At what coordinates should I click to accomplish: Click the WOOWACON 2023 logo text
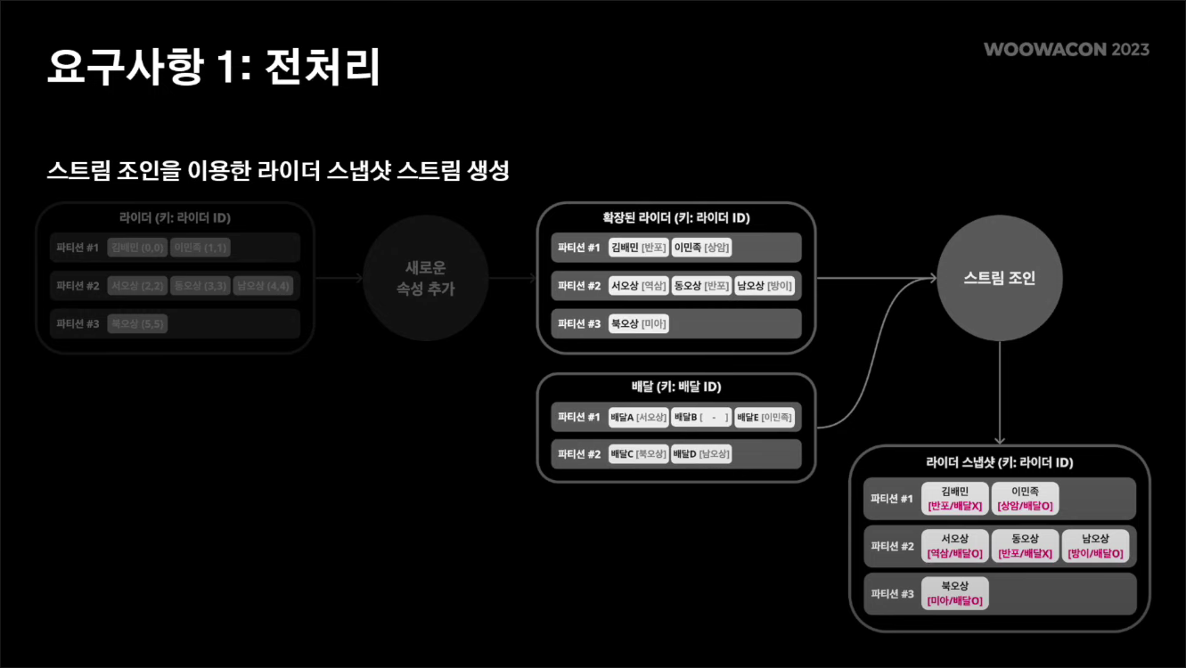pyautogui.click(x=1066, y=49)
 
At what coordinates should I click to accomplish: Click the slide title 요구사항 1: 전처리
pyautogui.click(x=213, y=67)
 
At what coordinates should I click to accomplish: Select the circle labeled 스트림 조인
pyautogui.click(x=999, y=278)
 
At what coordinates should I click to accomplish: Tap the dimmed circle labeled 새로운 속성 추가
pyautogui.click(x=425, y=278)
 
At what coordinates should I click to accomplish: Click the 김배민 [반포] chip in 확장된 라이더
pyautogui.click(x=638, y=248)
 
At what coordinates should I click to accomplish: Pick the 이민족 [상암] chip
pyautogui.click(x=702, y=248)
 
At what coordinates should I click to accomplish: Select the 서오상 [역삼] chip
pyautogui.click(x=638, y=286)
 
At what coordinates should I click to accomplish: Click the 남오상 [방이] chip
pyautogui.click(x=765, y=286)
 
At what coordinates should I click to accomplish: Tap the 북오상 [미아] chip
pyautogui.click(x=638, y=324)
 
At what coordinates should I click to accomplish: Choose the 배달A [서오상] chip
pyautogui.click(x=638, y=417)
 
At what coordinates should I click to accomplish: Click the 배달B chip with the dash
pyautogui.click(x=701, y=417)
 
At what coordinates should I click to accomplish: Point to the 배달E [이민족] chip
pyautogui.click(x=764, y=417)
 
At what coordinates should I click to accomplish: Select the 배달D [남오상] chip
pyautogui.click(x=701, y=454)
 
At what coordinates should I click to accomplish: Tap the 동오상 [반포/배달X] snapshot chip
pyautogui.click(x=1026, y=546)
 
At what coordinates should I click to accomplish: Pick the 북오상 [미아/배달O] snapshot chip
pyautogui.click(x=954, y=593)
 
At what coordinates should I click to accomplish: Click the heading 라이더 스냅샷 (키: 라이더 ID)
pyautogui.click(x=999, y=463)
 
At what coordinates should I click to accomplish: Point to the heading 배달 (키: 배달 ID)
pyautogui.click(x=675, y=387)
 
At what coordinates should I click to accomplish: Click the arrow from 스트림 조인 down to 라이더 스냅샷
pyautogui.click(x=1000, y=392)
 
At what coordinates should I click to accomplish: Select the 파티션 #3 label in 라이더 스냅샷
pyautogui.click(x=892, y=593)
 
